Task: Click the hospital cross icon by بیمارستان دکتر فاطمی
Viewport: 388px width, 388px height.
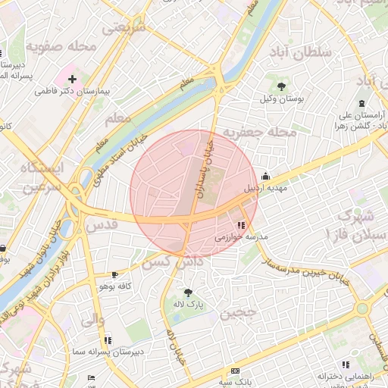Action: [73, 79]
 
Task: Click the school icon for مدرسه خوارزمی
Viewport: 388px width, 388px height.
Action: [242, 225]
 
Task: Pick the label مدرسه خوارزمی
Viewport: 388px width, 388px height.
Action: [242, 237]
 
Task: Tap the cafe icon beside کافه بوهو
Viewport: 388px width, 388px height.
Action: [114, 275]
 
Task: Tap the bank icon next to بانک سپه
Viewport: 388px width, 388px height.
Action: [235, 370]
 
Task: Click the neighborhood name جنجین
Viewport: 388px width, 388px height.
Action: [238, 311]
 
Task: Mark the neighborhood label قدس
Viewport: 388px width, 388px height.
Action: [104, 225]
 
